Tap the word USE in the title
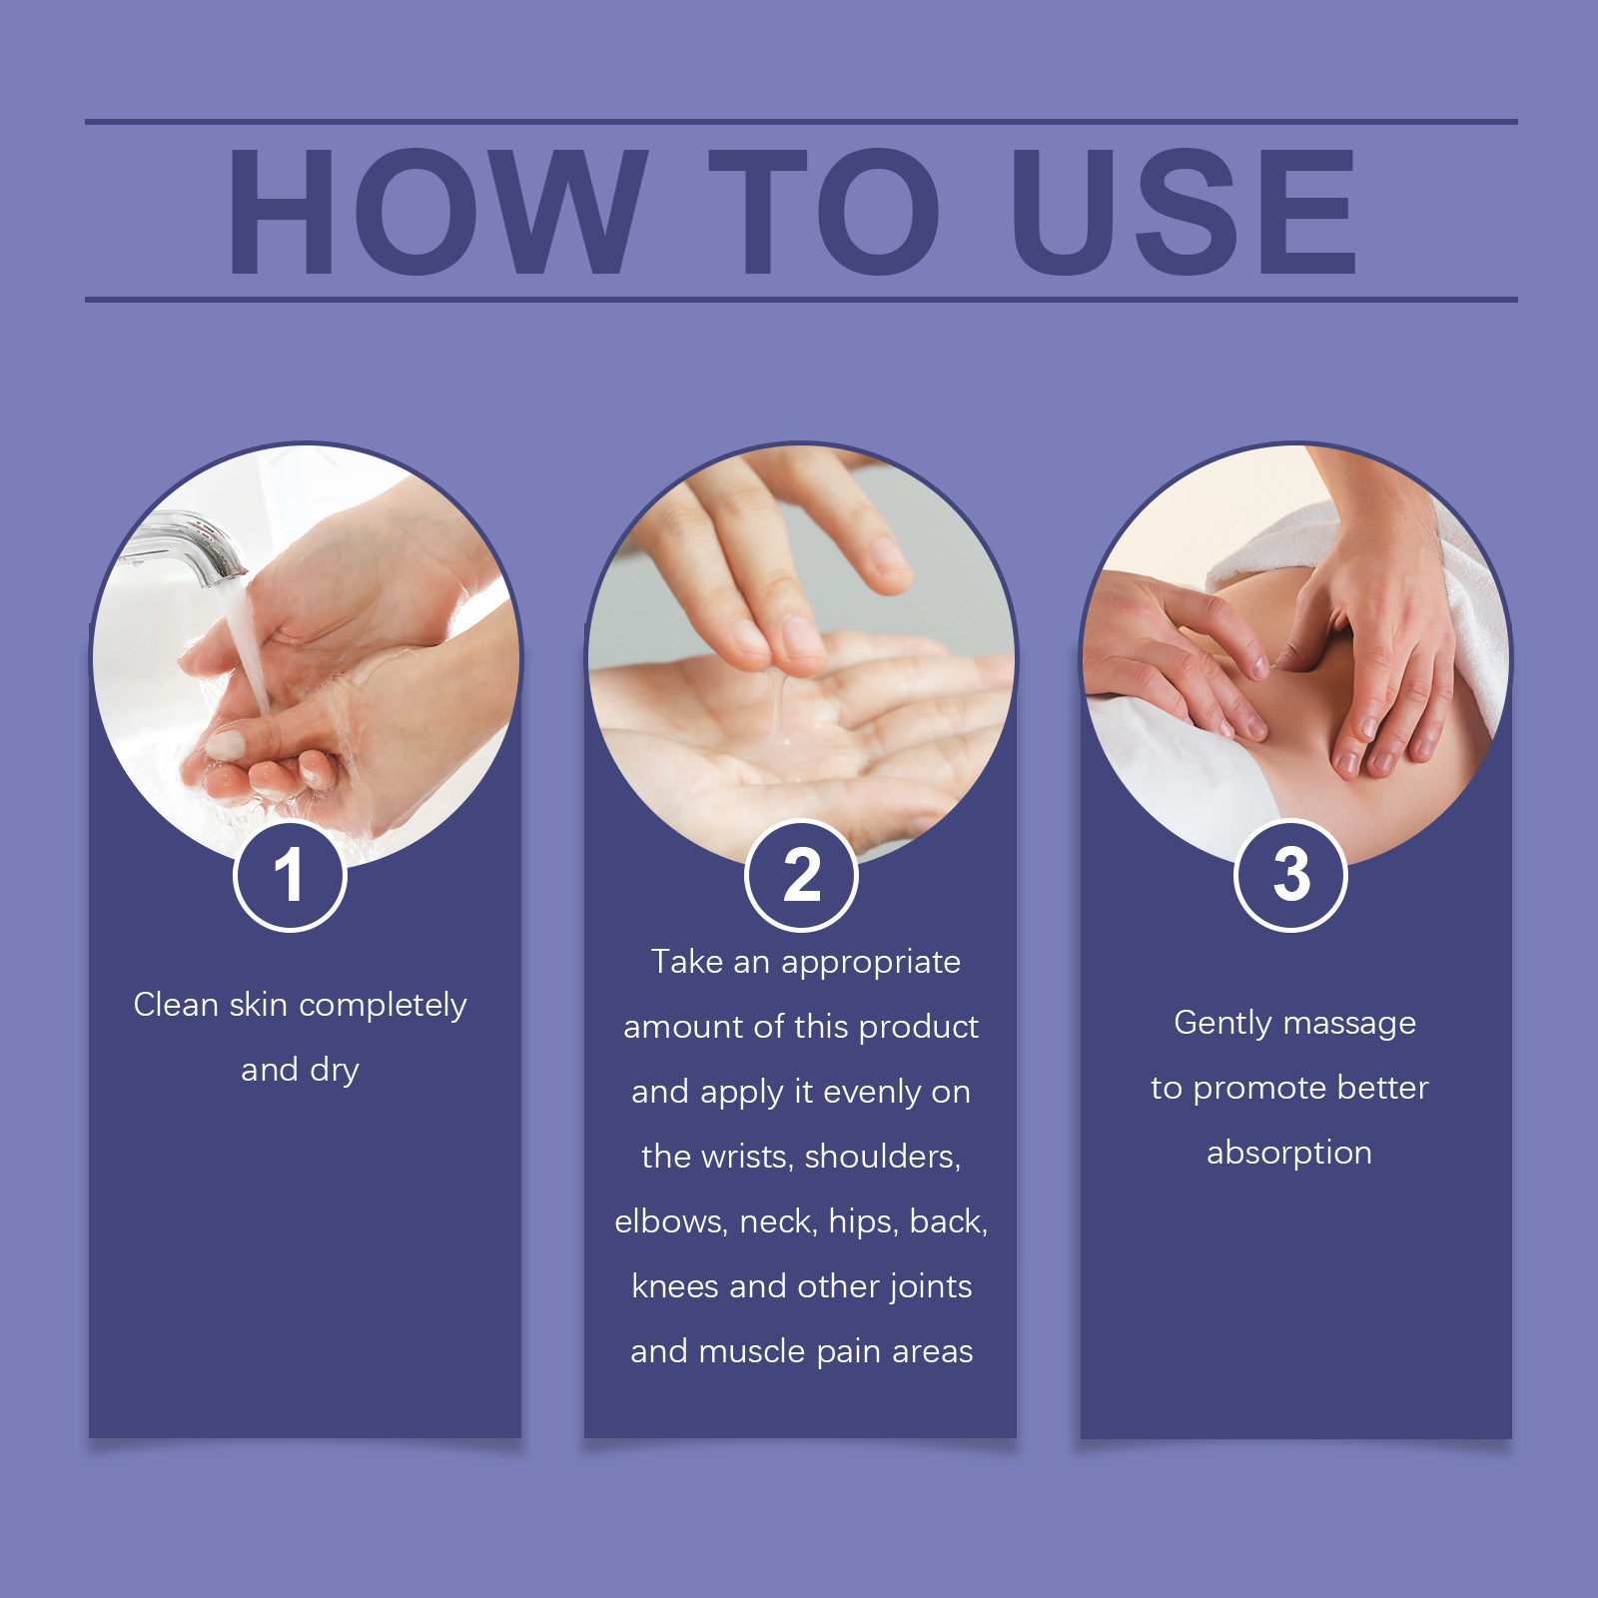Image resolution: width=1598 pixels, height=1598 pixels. (1184, 211)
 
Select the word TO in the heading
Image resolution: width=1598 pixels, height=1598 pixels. (825, 211)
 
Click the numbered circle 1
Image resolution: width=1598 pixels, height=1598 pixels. (290, 876)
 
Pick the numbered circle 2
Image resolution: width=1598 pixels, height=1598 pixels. (801, 876)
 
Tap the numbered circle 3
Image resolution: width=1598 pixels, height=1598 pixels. (1291, 876)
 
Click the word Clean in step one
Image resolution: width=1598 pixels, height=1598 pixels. (176, 1004)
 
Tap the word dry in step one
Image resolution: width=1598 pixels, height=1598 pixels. (335, 1071)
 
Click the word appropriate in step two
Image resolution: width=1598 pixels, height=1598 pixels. (871, 963)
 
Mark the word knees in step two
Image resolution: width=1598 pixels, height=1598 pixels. (675, 1286)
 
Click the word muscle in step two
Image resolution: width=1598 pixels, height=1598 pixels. (752, 1351)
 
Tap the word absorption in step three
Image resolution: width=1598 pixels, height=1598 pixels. (1289, 1154)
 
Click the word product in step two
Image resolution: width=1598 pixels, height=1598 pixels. (918, 1028)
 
